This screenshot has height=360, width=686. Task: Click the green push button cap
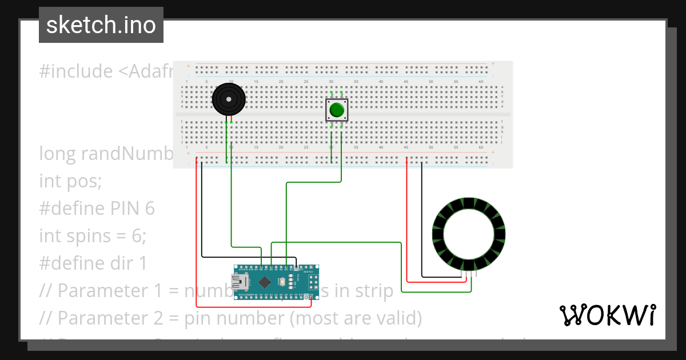(336, 109)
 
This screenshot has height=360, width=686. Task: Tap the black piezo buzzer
(229, 99)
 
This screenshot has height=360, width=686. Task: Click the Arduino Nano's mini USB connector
(238, 282)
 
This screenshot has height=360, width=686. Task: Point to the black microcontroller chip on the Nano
(265, 282)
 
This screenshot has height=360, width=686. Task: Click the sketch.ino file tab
(101, 25)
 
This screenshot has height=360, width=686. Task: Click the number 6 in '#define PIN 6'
(149, 209)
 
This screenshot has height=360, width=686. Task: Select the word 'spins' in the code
(86, 236)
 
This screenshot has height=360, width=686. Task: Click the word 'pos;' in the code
(85, 181)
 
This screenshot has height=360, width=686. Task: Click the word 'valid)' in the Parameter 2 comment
(397, 318)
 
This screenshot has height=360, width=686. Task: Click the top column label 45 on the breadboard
(406, 82)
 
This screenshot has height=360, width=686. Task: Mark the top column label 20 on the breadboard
(281, 82)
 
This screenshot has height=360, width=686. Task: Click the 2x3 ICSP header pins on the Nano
(313, 281)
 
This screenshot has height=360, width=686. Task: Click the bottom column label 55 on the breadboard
(456, 147)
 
